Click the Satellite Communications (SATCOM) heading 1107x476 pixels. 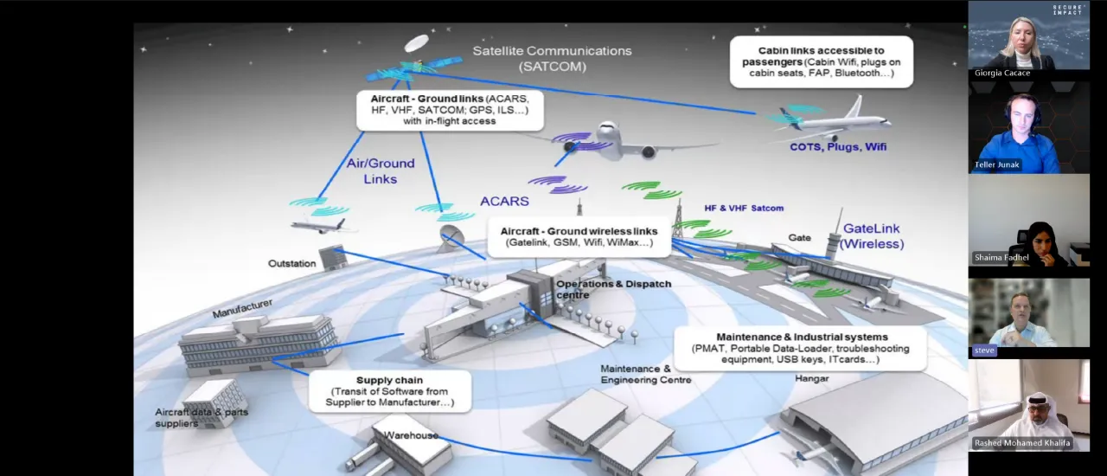(x=552, y=58)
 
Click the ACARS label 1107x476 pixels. (x=504, y=201)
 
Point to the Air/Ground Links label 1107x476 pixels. (x=380, y=170)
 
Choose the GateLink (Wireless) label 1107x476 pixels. (x=872, y=236)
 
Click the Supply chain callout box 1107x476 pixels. (x=390, y=391)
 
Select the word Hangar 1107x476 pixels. (x=811, y=378)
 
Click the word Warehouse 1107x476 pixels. (x=411, y=435)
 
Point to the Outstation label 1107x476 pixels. (x=291, y=263)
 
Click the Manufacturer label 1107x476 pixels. (x=242, y=307)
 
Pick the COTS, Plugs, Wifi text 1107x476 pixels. (x=838, y=147)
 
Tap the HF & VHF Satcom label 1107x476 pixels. (x=744, y=209)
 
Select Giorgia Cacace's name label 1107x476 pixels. (x=1002, y=74)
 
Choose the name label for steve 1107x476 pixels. (x=984, y=351)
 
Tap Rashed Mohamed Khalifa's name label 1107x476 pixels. (x=1022, y=443)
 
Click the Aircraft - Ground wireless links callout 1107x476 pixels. (x=579, y=237)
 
